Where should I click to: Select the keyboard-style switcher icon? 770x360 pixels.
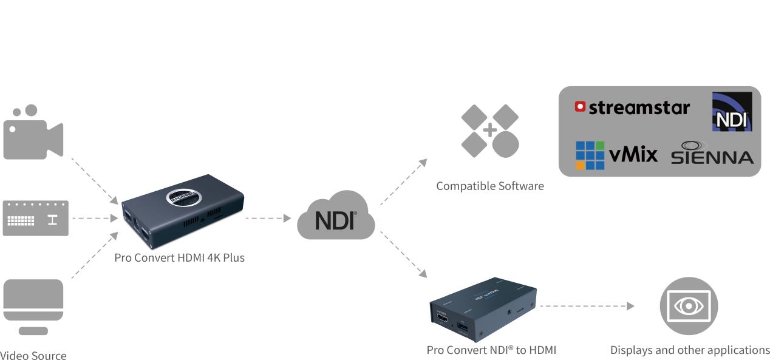point(36,218)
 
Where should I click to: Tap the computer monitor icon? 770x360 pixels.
point(33,305)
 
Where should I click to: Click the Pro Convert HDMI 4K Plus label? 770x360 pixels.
point(179,257)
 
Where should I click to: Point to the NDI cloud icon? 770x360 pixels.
point(335,217)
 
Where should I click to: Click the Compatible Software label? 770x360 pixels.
point(489,186)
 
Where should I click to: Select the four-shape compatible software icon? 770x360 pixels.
point(490,131)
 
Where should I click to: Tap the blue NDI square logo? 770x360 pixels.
point(731,112)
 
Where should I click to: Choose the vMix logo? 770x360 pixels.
point(616,155)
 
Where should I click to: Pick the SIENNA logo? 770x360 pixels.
point(712,154)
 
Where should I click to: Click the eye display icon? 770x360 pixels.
point(689,306)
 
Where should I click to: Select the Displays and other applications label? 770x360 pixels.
point(689,350)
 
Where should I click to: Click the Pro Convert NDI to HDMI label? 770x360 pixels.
point(491,350)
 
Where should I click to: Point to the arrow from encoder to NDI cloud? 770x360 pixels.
point(268,218)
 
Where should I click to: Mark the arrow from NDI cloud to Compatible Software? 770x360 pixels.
point(403,182)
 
